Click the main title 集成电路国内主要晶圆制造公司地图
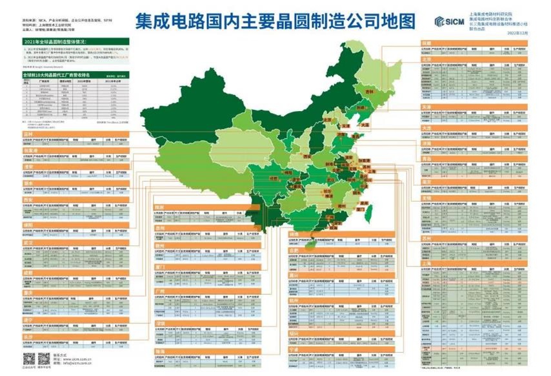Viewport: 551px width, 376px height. pos(275,21)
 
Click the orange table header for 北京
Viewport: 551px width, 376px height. pos(426,59)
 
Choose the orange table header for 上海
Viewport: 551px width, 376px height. pos(426,264)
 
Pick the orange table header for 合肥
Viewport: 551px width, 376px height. pos(294,249)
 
